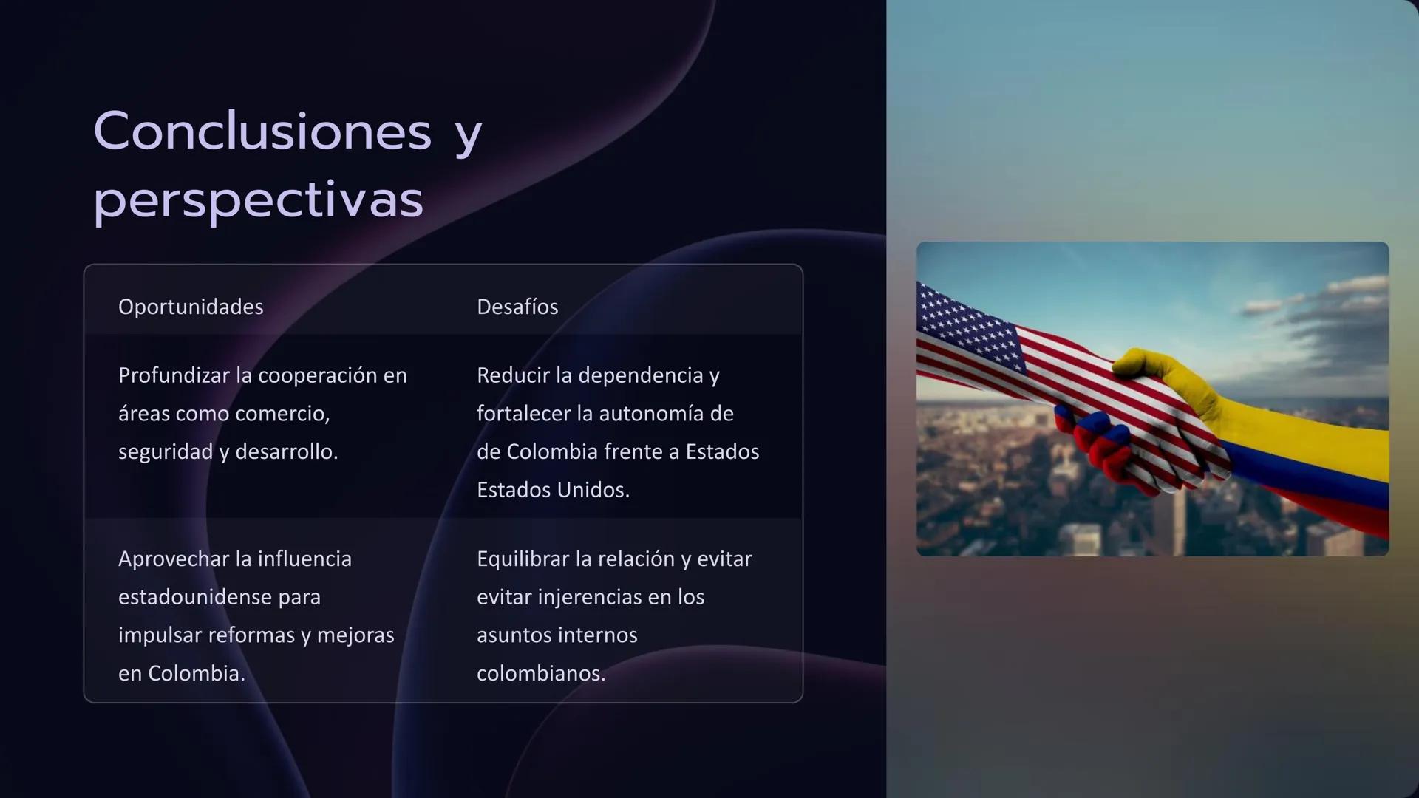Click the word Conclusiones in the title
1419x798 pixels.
pyautogui.click(x=262, y=132)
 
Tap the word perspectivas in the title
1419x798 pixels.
pyautogui.click(x=258, y=199)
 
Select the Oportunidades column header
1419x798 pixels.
pyautogui.click(x=191, y=307)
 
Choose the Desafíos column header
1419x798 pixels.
pyautogui.click(x=517, y=307)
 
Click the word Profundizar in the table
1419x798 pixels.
pyautogui.click(x=174, y=375)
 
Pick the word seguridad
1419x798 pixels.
pyautogui.click(x=166, y=451)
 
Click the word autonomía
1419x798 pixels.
pyautogui.click(x=651, y=414)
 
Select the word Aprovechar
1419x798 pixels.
pyautogui.click(x=174, y=559)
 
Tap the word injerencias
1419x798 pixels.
pyautogui.click(x=591, y=597)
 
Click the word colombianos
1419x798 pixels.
pyautogui.click(x=541, y=673)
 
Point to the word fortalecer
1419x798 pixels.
pyautogui.click(x=523, y=414)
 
